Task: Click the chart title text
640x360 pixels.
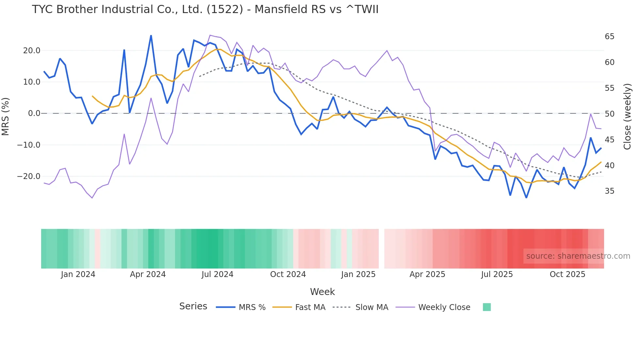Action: (205, 9)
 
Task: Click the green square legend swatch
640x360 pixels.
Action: (487, 307)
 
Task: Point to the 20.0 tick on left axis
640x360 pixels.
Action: (32, 51)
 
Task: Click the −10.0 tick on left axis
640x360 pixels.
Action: (29, 145)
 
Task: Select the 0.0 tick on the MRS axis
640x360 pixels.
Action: (34, 114)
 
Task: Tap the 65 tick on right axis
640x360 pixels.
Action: (609, 37)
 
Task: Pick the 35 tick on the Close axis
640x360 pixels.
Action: (609, 191)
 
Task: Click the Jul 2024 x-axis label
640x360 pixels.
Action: (217, 274)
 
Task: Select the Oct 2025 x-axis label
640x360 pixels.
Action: (567, 274)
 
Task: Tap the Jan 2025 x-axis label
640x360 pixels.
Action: (358, 274)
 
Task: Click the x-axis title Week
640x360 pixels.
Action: (322, 292)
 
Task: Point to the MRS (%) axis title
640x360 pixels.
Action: (6, 116)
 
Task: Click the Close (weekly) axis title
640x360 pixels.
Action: (627, 116)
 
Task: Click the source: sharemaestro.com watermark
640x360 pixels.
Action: (578, 256)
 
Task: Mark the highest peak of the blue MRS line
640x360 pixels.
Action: (151, 36)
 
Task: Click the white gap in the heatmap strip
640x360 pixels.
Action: (381, 249)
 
